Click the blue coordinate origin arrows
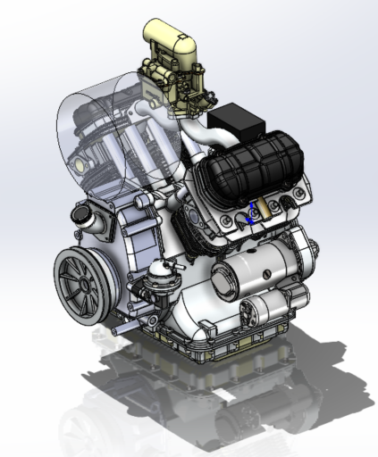tap(251, 215)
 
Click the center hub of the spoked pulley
tap(81, 285)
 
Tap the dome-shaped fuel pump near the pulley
tap(161, 267)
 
